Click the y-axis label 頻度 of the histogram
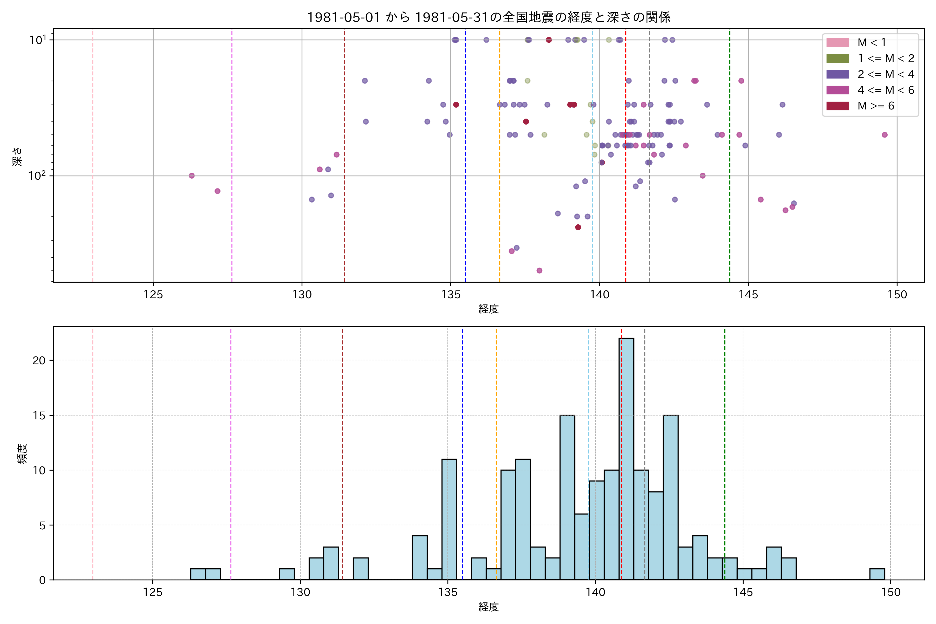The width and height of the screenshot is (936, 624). (x=22, y=454)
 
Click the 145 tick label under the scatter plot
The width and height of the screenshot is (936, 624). (x=748, y=295)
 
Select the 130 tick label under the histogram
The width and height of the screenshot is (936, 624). (x=300, y=593)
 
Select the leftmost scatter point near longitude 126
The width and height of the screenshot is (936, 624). (x=192, y=175)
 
